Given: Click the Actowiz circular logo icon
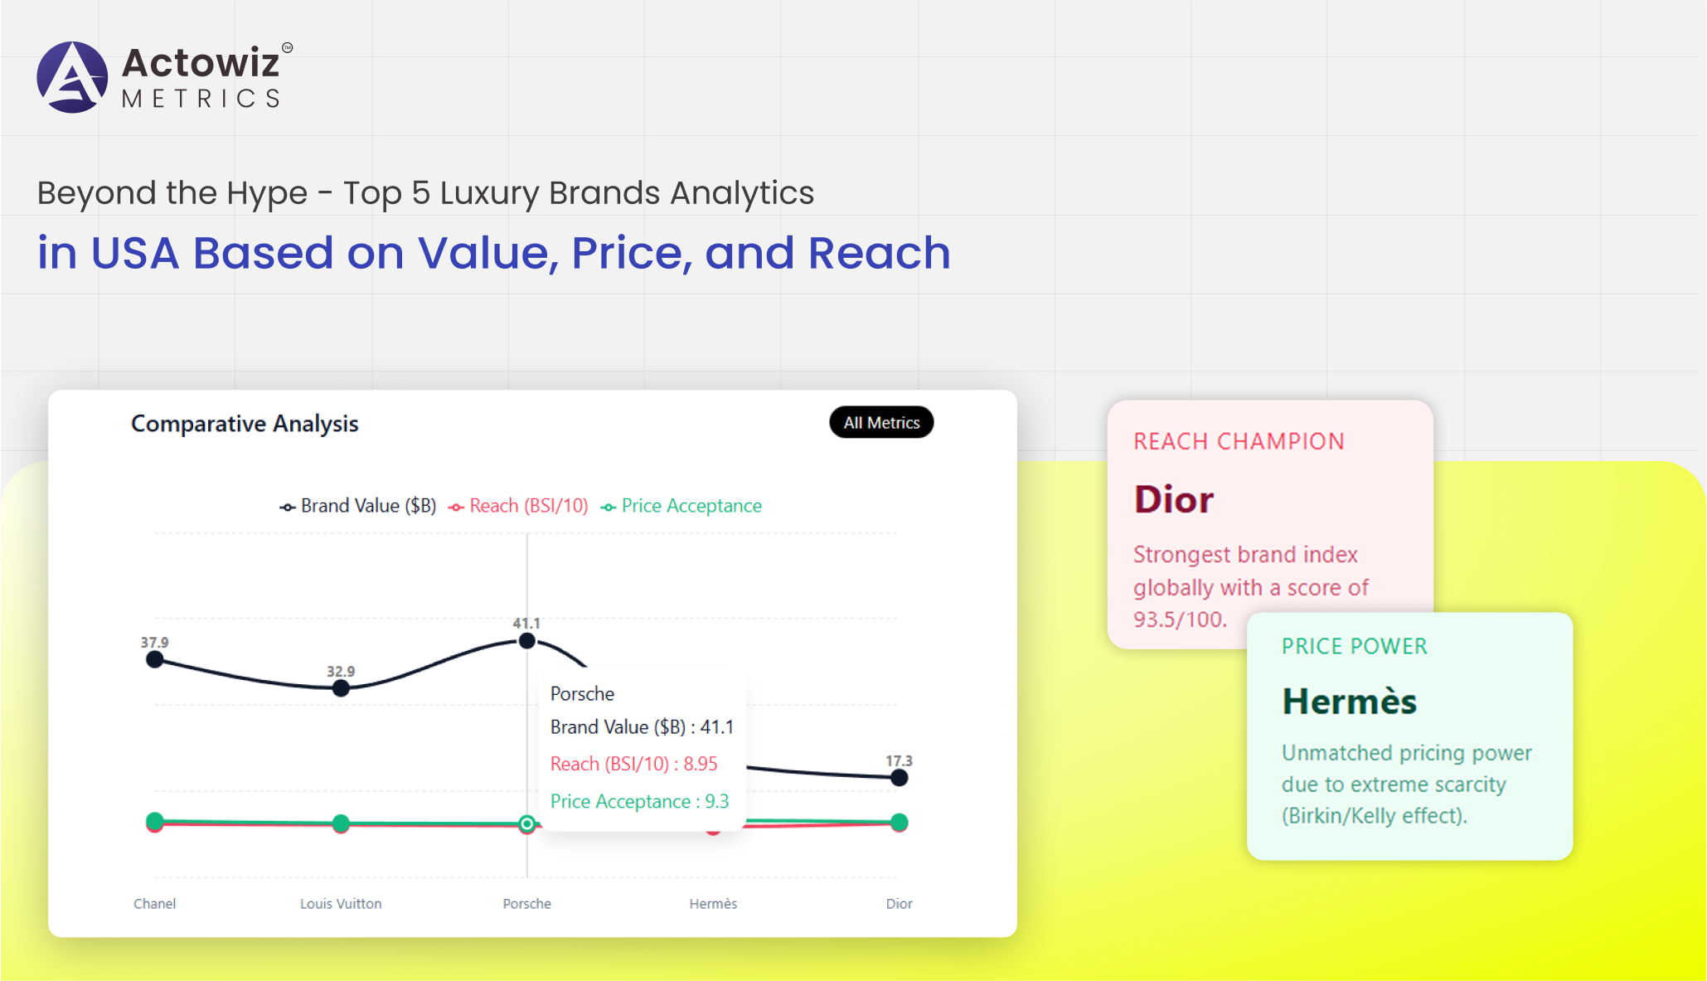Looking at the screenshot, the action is [72, 77].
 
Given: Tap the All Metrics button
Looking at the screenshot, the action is [881, 423].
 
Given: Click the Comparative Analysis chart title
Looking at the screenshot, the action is [245, 424].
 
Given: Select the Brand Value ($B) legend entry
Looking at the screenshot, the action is [358, 506].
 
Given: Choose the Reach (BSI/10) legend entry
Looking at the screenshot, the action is [518, 506].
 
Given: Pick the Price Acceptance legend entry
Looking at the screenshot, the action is [681, 506].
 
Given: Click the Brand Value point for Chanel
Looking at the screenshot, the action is [154, 660].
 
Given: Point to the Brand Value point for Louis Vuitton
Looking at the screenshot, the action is [341, 688].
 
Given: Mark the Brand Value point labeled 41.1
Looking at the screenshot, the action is [526, 641].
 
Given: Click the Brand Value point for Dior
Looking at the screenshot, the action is [899, 778].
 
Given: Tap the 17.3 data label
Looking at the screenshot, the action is [899, 760].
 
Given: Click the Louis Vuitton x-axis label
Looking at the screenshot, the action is [341, 904].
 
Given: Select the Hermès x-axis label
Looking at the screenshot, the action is [713, 904].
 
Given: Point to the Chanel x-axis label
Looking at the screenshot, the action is [154, 904].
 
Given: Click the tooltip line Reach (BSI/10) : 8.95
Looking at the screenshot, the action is [634, 764].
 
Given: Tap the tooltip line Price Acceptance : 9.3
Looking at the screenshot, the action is [639, 801].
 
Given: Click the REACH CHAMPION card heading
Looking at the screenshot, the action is [1239, 441].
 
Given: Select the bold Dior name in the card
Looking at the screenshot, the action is [1173, 499].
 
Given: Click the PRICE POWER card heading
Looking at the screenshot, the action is [1355, 646].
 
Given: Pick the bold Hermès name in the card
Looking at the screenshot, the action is [1350, 701].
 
